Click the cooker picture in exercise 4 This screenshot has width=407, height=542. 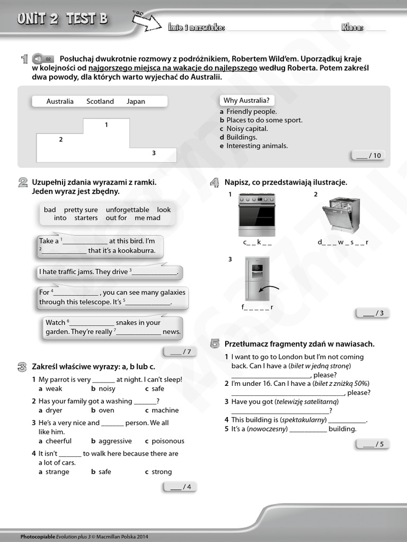click(256, 215)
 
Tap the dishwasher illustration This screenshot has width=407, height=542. click(341, 215)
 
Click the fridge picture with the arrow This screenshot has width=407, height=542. click(257, 278)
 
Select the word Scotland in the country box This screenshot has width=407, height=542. click(100, 101)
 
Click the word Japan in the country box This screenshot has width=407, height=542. click(136, 101)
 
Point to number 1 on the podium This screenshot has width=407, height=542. click(107, 125)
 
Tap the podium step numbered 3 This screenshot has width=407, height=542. click(154, 153)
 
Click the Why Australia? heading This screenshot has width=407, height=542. click(246, 100)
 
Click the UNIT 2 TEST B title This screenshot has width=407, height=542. click(63, 19)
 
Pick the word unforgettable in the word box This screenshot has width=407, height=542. click(127, 210)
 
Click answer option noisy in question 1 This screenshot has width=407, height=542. click(107, 389)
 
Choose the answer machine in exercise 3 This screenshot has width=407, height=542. click(165, 410)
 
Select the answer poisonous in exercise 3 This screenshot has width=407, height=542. click(167, 441)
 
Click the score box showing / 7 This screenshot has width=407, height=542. click(179, 351)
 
